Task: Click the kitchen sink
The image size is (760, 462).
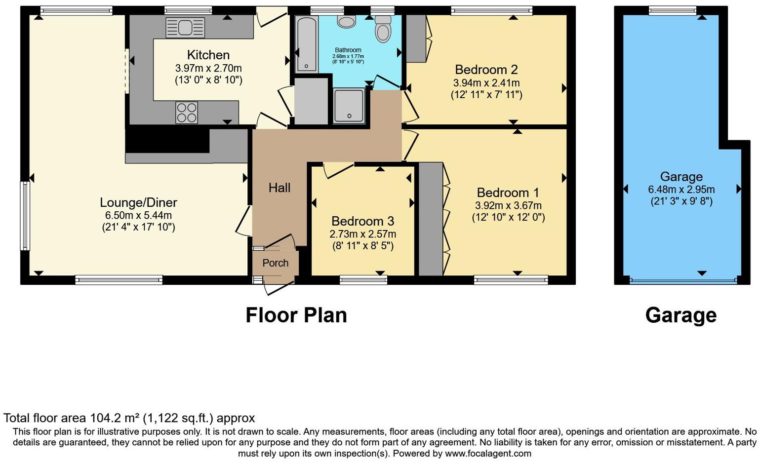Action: [x=185, y=28]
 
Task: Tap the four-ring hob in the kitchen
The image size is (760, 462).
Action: [x=187, y=113]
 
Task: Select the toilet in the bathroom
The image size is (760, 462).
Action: [x=383, y=29]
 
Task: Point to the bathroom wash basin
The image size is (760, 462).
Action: [x=346, y=21]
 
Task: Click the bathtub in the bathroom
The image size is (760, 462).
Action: [x=307, y=44]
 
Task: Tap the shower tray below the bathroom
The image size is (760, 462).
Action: [x=349, y=106]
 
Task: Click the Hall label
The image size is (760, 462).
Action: [x=279, y=188]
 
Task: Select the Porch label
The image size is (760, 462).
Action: [x=275, y=263]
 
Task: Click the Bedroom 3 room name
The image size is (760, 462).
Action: [x=362, y=221]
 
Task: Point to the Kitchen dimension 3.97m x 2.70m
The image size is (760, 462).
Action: [x=208, y=68]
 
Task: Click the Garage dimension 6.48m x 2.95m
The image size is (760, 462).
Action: [x=681, y=189]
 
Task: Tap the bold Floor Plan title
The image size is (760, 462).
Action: [x=296, y=315]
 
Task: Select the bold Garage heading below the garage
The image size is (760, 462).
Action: [x=681, y=315]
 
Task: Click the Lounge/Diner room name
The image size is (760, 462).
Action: [x=138, y=202]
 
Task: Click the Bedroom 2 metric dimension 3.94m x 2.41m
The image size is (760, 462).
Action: [x=486, y=83]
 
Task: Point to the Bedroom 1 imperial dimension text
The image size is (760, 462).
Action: [x=508, y=217]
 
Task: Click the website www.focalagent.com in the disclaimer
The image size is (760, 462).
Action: [x=488, y=454]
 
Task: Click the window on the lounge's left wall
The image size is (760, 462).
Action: [x=25, y=216]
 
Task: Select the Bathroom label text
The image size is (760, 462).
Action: [x=348, y=50]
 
